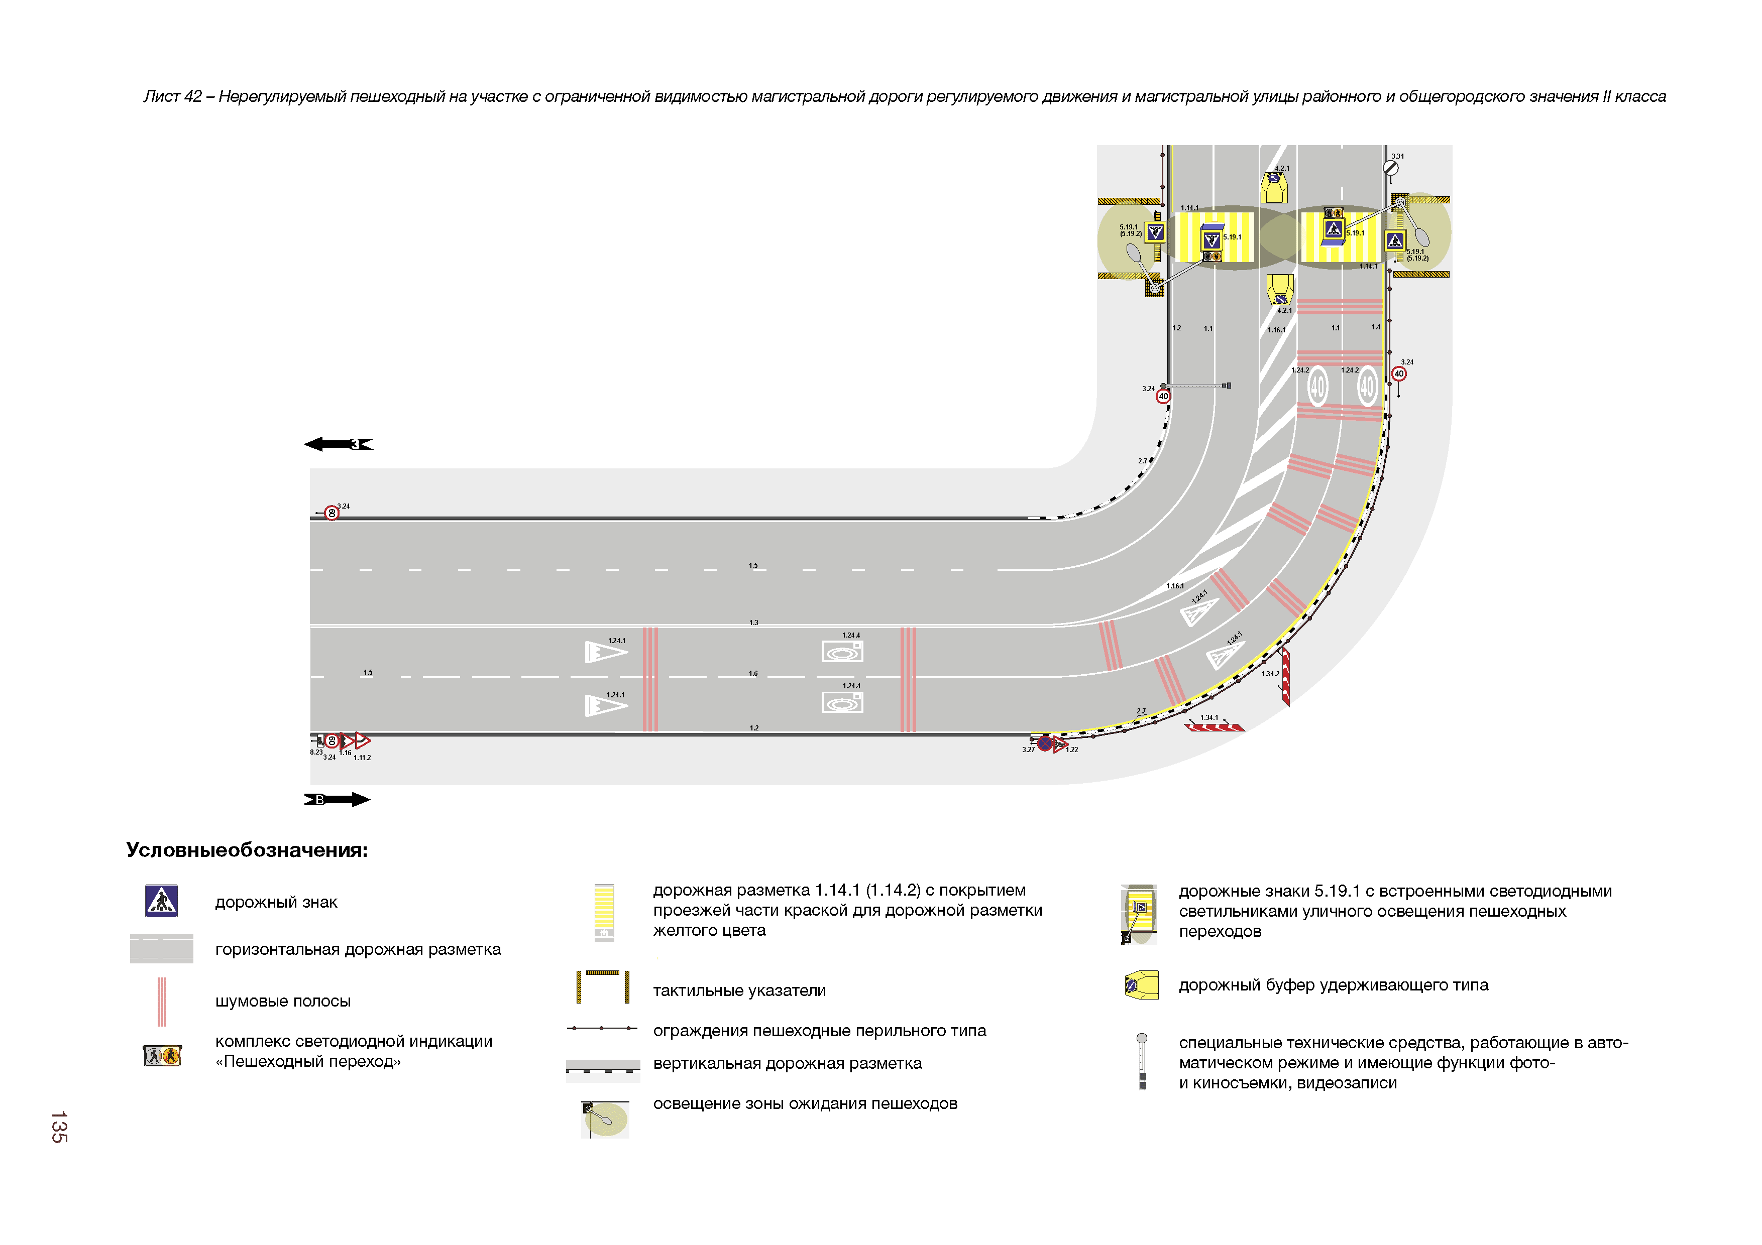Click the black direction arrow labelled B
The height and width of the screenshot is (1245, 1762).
point(338,799)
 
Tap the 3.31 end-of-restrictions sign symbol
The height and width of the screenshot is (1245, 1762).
point(1390,167)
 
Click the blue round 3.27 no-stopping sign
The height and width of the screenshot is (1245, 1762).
point(1044,742)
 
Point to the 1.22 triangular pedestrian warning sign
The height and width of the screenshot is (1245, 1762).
point(1060,744)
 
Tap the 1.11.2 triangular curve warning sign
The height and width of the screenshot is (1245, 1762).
point(362,741)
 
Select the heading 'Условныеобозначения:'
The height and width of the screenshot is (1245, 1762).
point(246,850)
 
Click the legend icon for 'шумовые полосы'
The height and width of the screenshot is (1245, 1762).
point(162,1001)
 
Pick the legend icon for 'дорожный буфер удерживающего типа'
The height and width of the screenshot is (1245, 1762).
point(1140,985)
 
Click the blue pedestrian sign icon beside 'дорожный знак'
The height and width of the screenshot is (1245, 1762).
point(162,901)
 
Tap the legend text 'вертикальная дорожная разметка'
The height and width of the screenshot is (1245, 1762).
point(788,1063)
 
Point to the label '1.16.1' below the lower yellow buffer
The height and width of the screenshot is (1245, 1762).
point(1276,330)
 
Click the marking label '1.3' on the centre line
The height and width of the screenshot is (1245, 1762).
point(753,622)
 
